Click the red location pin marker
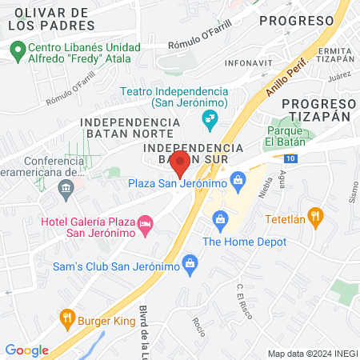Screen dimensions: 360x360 point(180,163)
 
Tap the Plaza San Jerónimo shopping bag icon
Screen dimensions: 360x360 point(237,179)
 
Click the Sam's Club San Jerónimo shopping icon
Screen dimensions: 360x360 point(190,262)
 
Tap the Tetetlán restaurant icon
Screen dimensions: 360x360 point(317,214)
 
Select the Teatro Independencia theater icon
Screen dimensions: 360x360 point(210,121)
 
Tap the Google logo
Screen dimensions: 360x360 point(27,350)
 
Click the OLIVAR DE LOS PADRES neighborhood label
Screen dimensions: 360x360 point(51,20)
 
